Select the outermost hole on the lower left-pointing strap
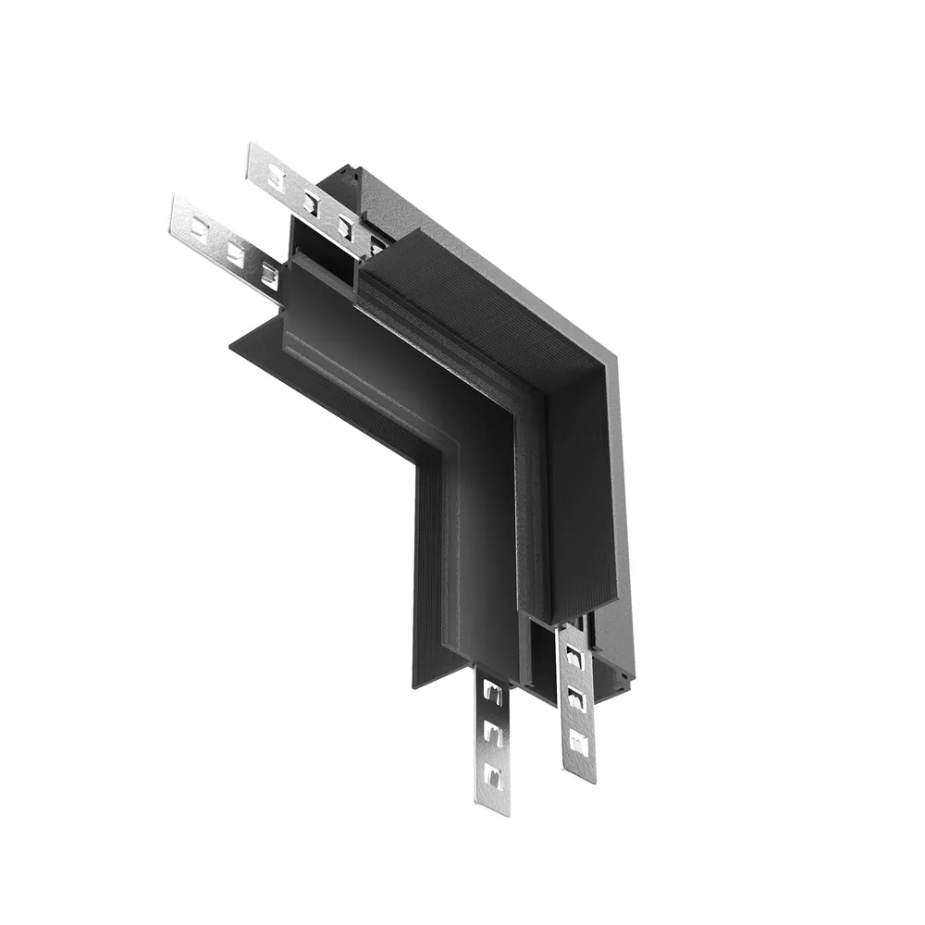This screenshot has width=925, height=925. pos(199,226)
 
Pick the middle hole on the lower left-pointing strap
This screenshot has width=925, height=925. pos(235,250)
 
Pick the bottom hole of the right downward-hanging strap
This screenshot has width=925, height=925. pos(578,740)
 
